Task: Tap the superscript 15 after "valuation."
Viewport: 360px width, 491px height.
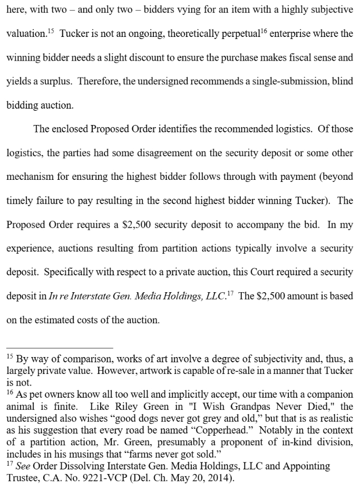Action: coord(51,31)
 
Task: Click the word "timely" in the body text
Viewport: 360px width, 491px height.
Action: coord(21,201)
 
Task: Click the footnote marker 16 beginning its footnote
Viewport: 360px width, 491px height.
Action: coord(10,392)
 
